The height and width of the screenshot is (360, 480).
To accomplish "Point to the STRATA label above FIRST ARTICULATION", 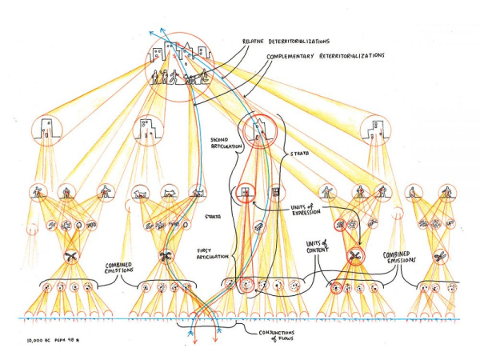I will (x=213, y=217).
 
